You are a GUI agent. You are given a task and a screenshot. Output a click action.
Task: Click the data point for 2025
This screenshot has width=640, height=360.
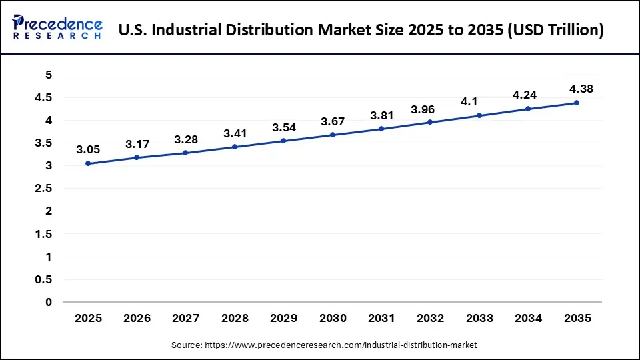tap(88, 163)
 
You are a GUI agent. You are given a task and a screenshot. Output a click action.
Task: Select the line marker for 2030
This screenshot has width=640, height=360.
tap(333, 135)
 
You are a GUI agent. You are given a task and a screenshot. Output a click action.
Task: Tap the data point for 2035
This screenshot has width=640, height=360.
tap(577, 103)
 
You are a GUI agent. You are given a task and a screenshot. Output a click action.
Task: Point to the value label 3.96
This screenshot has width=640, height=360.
tap(423, 109)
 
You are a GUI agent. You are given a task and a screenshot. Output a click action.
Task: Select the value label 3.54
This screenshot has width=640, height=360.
tap(284, 127)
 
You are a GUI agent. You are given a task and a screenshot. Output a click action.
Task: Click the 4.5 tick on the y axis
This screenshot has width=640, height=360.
tap(44, 98)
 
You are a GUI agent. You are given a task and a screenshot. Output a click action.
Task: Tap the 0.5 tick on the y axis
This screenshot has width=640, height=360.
tap(44, 279)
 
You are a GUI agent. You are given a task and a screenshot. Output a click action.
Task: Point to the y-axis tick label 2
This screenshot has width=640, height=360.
tap(48, 211)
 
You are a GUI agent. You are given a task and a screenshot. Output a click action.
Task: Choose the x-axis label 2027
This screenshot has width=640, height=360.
tap(186, 319)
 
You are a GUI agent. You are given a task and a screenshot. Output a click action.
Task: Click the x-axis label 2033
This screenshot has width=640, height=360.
tap(479, 319)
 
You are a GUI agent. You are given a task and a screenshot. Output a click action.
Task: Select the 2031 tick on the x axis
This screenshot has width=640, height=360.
tap(381, 319)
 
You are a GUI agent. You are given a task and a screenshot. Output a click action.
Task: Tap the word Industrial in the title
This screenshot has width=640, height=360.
tap(185, 30)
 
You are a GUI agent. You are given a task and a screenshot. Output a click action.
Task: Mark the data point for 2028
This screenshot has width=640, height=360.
tap(235, 147)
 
